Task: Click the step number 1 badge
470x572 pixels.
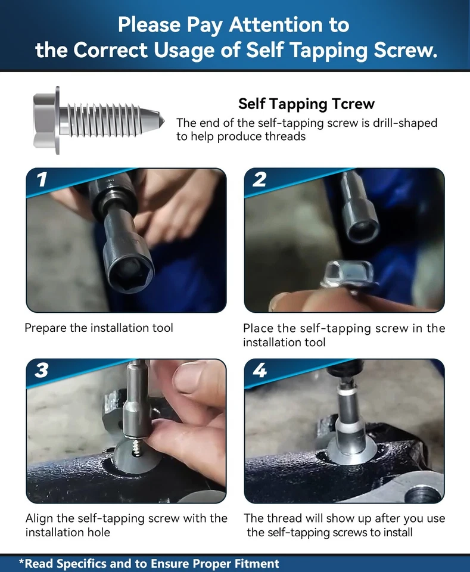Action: (42, 179)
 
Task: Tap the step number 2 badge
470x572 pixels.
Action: (259, 179)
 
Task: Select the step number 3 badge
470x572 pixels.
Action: (42, 370)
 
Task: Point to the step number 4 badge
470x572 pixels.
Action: (260, 370)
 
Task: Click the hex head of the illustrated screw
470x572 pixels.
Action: (46, 120)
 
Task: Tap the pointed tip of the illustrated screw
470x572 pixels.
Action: (162, 121)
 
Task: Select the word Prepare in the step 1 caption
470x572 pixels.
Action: (46, 328)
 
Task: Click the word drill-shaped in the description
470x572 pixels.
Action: (404, 123)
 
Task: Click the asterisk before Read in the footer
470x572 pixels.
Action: (21, 561)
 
